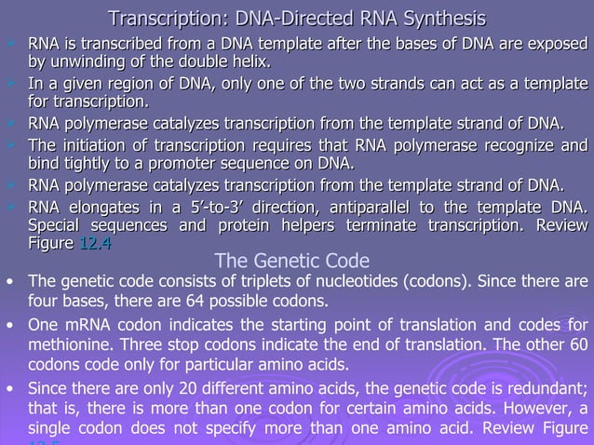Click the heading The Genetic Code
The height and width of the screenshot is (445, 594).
(x=291, y=262)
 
